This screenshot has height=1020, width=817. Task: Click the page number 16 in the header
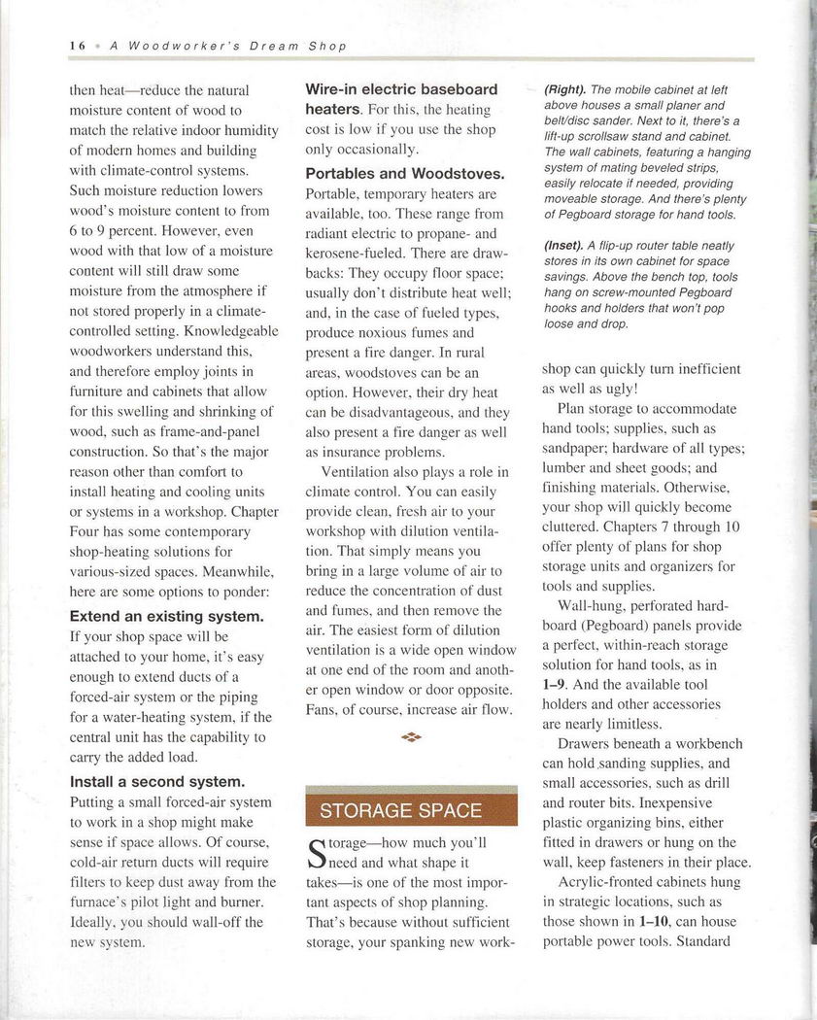[x=78, y=46]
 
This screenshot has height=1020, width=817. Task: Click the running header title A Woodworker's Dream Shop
[x=228, y=46]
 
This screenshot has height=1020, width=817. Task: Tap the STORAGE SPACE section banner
[x=400, y=810]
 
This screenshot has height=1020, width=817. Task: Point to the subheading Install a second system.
[x=157, y=781]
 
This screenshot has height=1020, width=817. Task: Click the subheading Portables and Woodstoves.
[x=405, y=174]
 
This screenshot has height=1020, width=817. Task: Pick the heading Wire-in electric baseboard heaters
[x=401, y=99]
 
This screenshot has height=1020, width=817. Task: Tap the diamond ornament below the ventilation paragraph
[x=411, y=737]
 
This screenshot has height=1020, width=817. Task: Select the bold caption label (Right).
[x=564, y=90]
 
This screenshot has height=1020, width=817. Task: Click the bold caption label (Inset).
[x=564, y=246]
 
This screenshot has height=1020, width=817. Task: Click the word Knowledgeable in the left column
[x=233, y=330]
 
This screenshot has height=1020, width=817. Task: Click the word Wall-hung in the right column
[x=592, y=606]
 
